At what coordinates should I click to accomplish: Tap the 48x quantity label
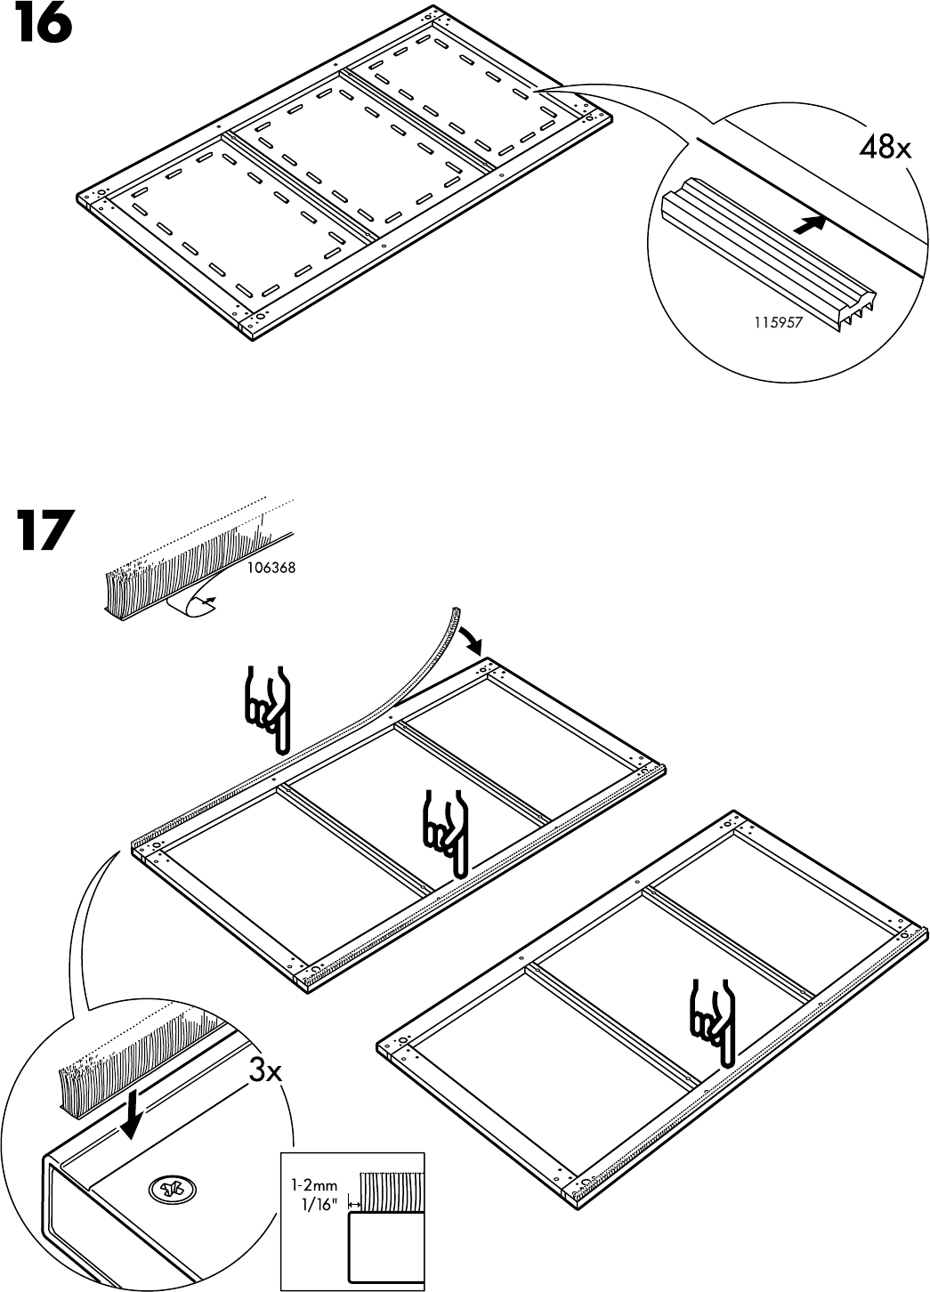click(885, 148)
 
